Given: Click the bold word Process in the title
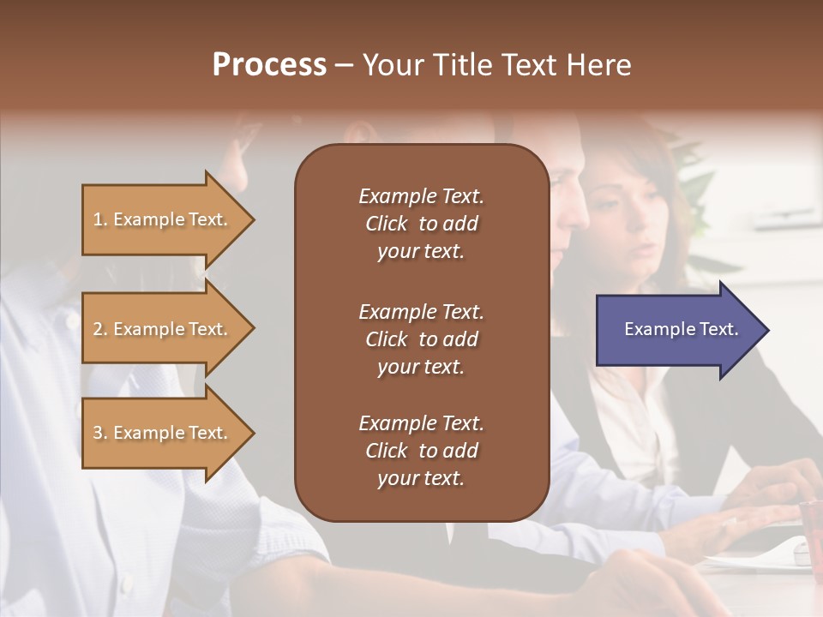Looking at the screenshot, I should click(269, 65).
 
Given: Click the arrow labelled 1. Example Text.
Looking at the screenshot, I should click(163, 219).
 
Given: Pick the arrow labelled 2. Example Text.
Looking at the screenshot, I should click(163, 329).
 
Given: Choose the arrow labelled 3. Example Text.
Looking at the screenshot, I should click(163, 433).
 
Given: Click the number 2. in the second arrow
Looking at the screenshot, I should click(100, 329).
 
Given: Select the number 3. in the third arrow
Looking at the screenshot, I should click(100, 433).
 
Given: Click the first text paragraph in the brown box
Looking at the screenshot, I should click(421, 224).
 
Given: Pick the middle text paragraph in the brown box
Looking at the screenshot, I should click(421, 339).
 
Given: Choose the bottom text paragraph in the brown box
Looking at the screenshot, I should click(421, 451).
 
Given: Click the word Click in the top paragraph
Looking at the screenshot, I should click(386, 224).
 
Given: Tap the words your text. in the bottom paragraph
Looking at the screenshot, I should click(421, 478).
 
